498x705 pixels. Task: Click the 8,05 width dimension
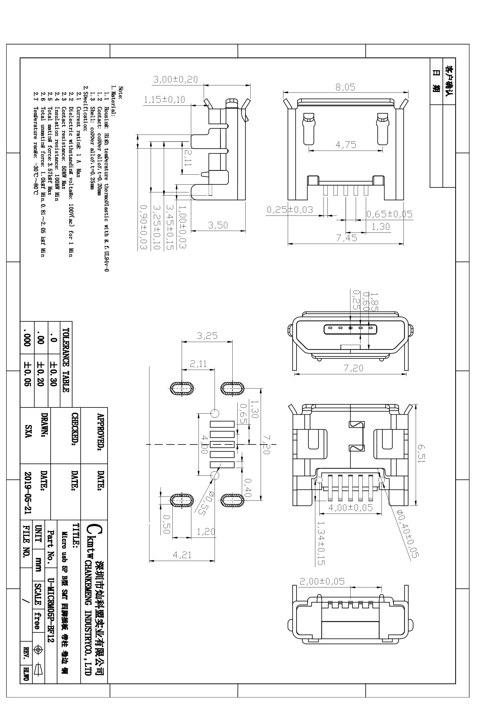(345, 87)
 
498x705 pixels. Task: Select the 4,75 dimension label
(346, 145)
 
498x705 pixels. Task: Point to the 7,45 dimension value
(347, 238)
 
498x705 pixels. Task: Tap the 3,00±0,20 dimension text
(176, 80)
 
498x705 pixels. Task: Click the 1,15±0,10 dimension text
(165, 100)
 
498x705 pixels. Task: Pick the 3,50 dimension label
(218, 225)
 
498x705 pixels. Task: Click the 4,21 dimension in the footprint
(182, 555)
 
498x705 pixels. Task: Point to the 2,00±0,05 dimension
(322, 581)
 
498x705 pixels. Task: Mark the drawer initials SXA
(29, 431)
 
